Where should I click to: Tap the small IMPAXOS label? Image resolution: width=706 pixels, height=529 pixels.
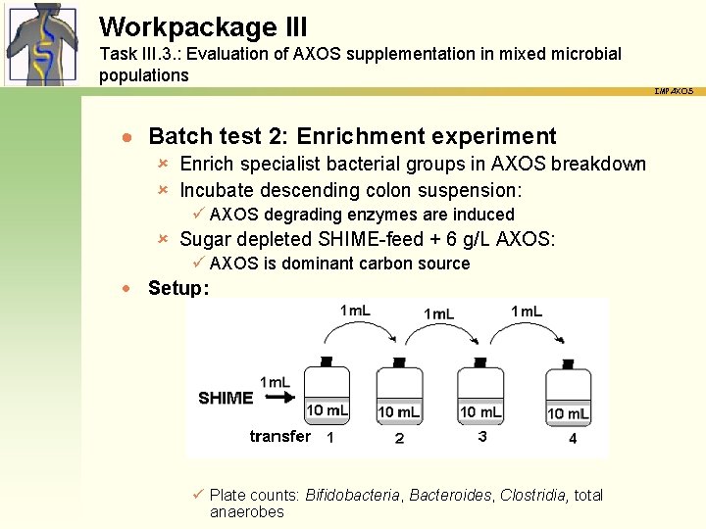[674, 91]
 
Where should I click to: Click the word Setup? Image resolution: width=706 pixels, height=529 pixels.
[177, 288]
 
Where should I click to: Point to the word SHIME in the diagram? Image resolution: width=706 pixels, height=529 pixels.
[226, 398]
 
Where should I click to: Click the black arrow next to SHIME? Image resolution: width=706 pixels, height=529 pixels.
[281, 398]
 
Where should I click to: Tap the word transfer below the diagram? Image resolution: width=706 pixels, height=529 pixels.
[279, 436]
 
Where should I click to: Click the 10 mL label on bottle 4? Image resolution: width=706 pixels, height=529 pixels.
[569, 413]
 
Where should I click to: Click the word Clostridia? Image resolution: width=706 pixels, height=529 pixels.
[532, 496]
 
